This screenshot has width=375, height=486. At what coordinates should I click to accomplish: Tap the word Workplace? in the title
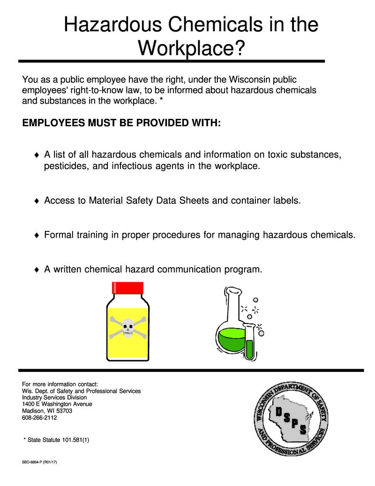click(x=191, y=47)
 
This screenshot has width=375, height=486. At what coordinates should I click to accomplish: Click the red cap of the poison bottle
click(x=127, y=287)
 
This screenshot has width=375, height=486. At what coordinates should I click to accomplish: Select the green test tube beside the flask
click(x=249, y=349)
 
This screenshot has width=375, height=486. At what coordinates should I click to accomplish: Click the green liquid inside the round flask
click(x=230, y=340)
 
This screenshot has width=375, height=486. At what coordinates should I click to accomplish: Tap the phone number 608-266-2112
click(x=40, y=417)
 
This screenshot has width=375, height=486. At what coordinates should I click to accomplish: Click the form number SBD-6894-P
click(x=32, y=463)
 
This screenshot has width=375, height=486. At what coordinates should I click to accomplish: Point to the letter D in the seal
click(x=278, y=412)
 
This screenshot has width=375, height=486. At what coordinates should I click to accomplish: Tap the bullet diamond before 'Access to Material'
click(x=37, y=201)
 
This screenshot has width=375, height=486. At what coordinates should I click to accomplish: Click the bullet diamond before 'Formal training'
click(x=37, y=236)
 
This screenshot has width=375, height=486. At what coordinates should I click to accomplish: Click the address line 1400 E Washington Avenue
click(x=57, y=404)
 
